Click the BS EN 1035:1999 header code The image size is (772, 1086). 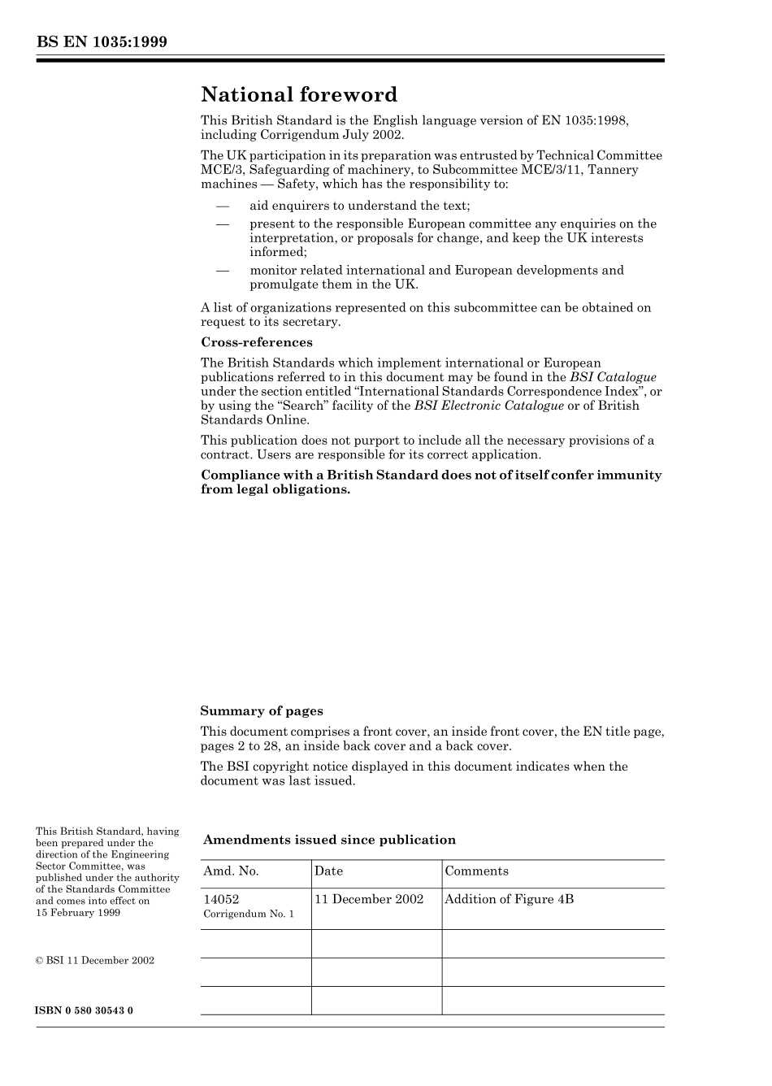[102, 42]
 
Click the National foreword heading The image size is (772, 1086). [299, 95]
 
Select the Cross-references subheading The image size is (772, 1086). [257, 342]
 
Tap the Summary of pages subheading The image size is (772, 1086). [262, 711]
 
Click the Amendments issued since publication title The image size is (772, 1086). [329, 840]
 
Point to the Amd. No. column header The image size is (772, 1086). [231, 871]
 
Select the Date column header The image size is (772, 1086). [328, 871]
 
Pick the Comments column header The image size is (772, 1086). [476, 871]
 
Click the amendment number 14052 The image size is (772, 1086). [221, 899]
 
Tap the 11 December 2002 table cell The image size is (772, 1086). [369, 899]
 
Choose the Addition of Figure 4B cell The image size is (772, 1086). [509, 899]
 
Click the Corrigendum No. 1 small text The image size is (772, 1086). [249, 914]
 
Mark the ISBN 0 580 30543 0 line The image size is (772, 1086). [85, 1010]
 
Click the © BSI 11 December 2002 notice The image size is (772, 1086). [95, 960]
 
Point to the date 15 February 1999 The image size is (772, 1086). [78, 912]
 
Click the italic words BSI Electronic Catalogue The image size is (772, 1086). [488, 406]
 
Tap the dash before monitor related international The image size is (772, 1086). [221, 270]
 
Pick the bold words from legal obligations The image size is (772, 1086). [275, 489]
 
